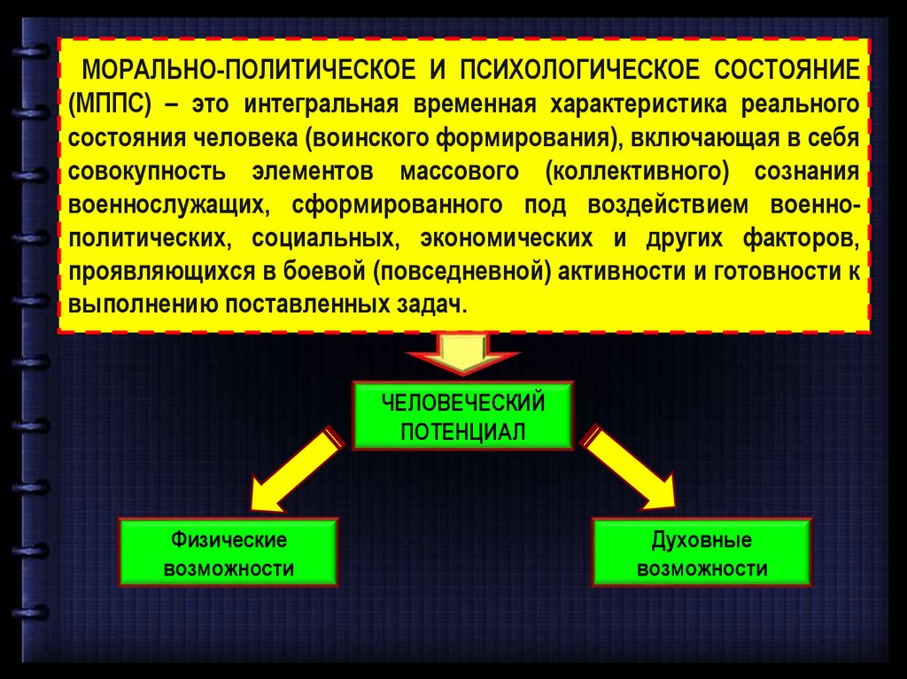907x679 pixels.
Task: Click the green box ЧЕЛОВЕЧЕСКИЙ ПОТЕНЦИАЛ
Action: point(463,416)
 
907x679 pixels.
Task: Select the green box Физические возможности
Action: point(229,552)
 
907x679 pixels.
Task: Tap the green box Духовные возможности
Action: point(702,552)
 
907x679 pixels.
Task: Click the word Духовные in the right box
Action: point(702,539)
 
